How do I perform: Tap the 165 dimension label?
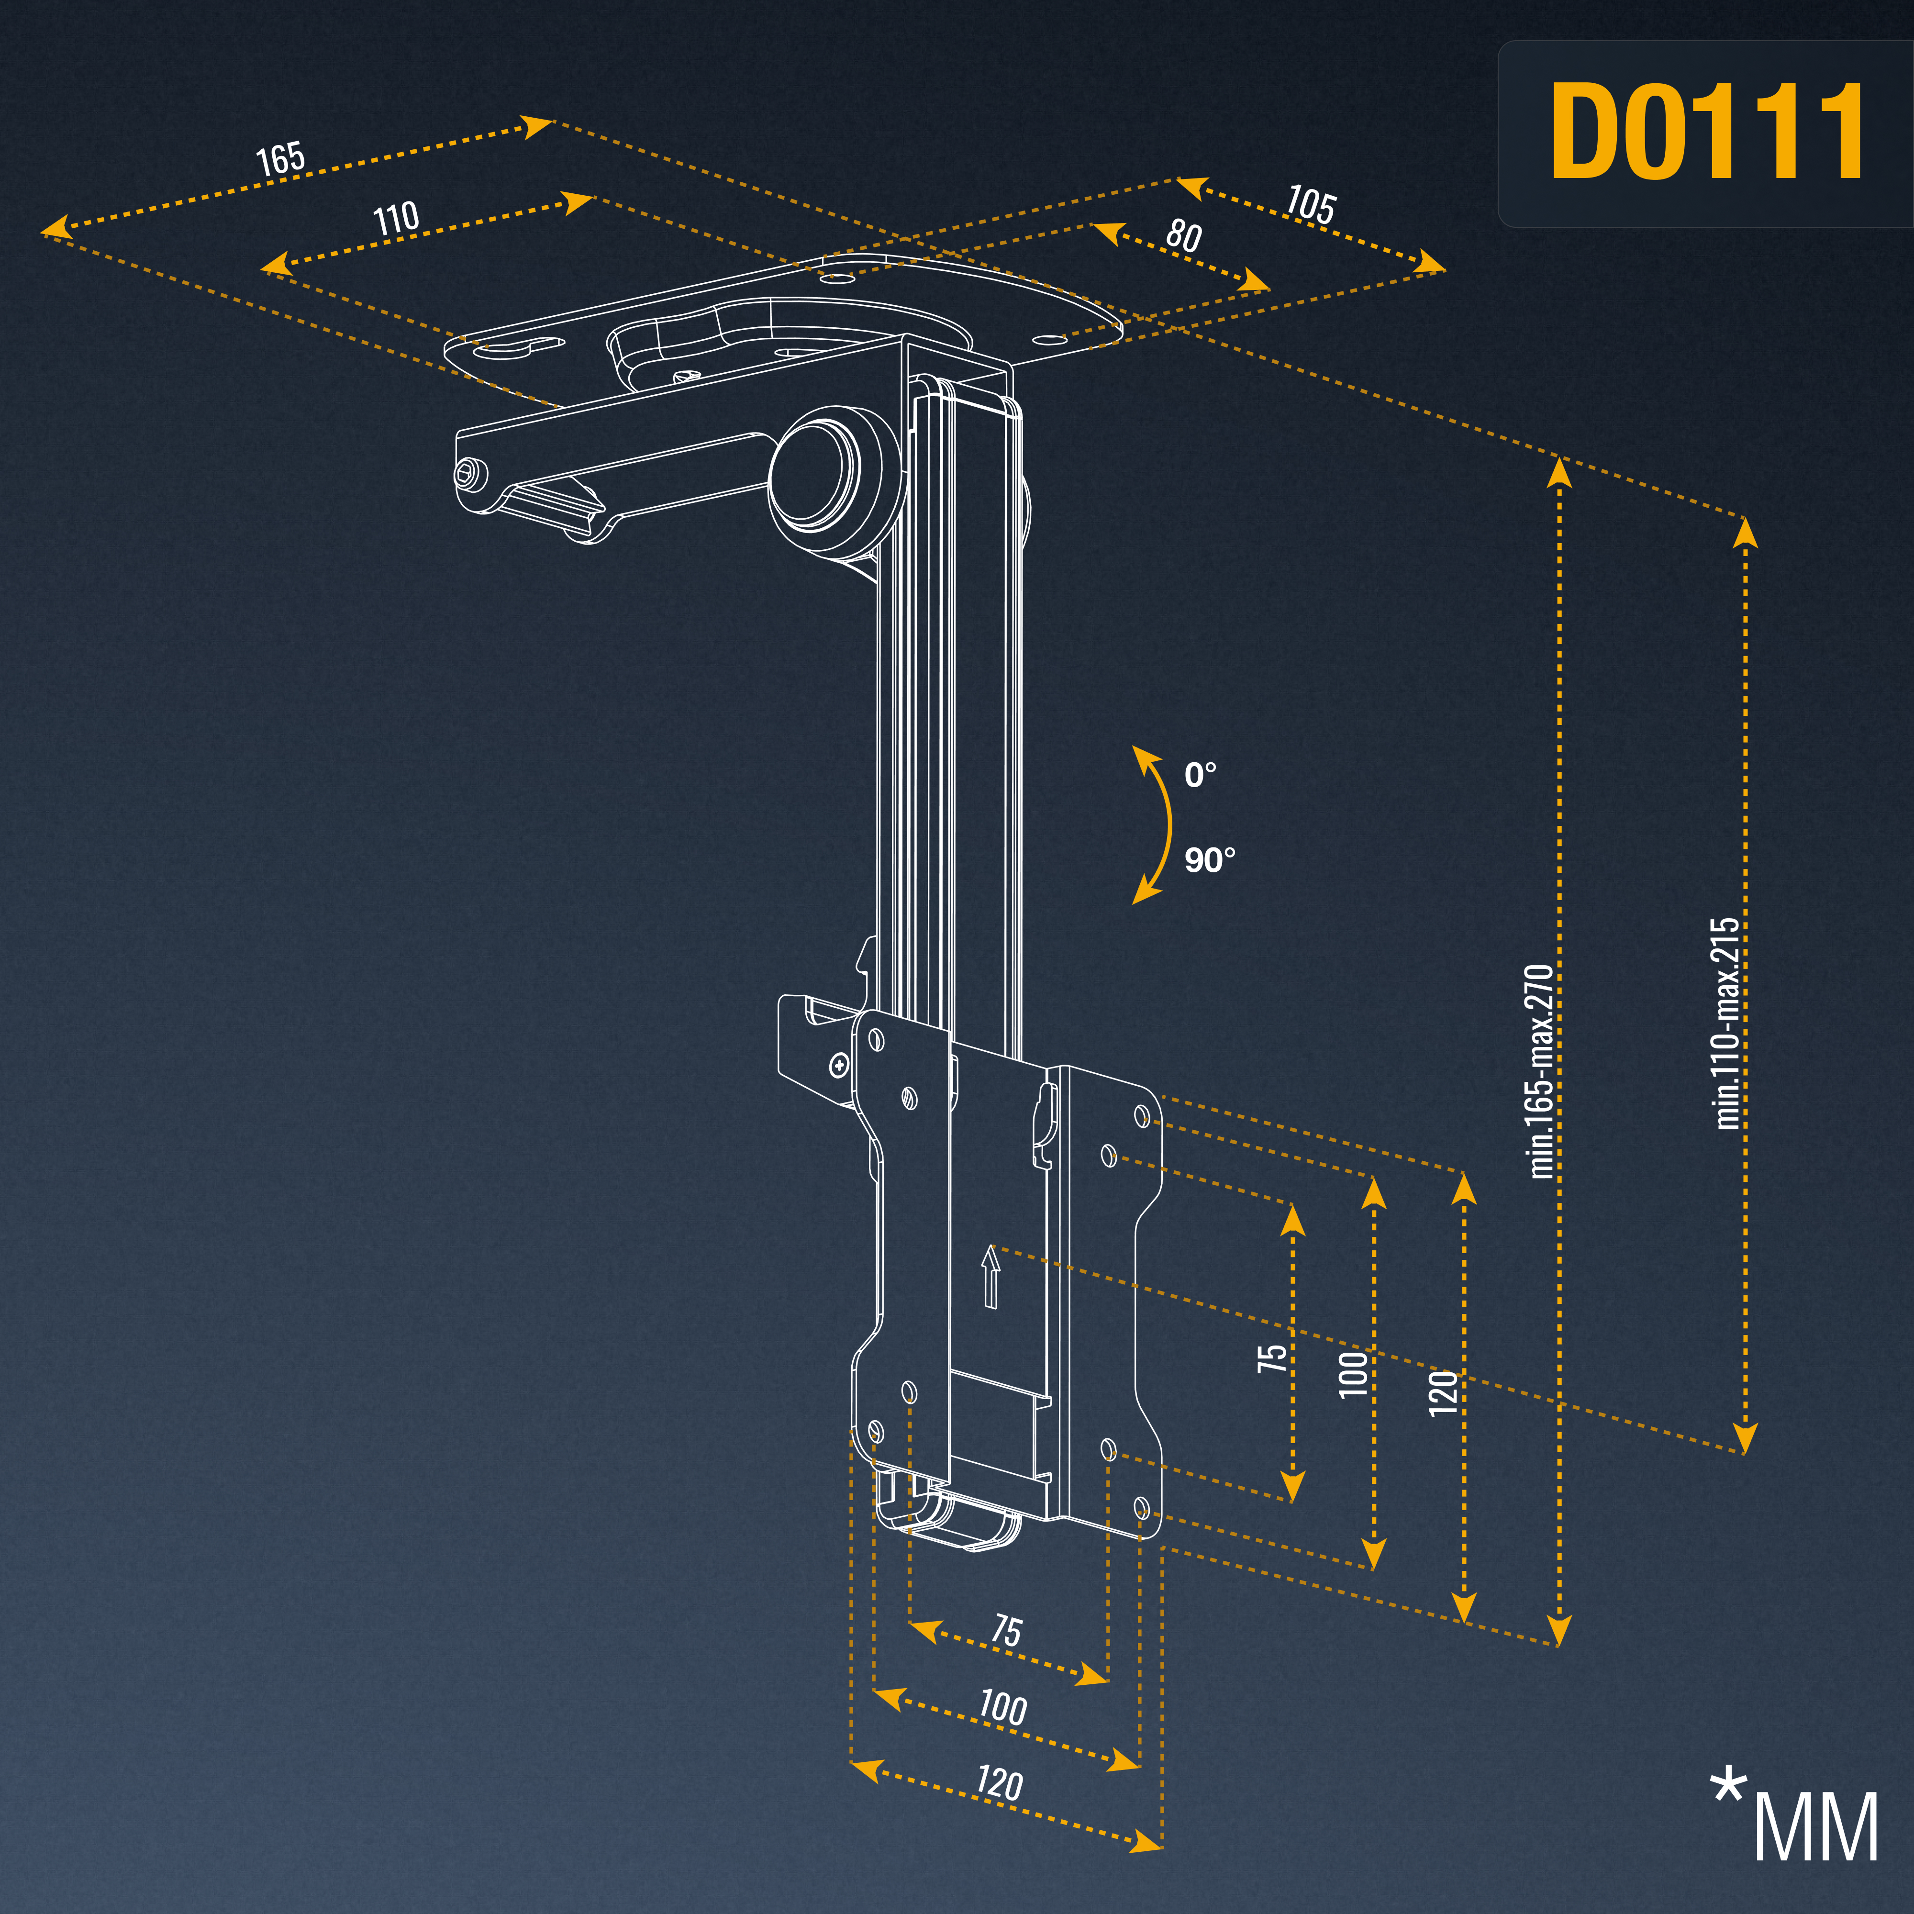coord(280,158)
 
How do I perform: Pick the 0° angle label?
coord(1200,774)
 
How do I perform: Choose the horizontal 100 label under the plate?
coord(1002,1707)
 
